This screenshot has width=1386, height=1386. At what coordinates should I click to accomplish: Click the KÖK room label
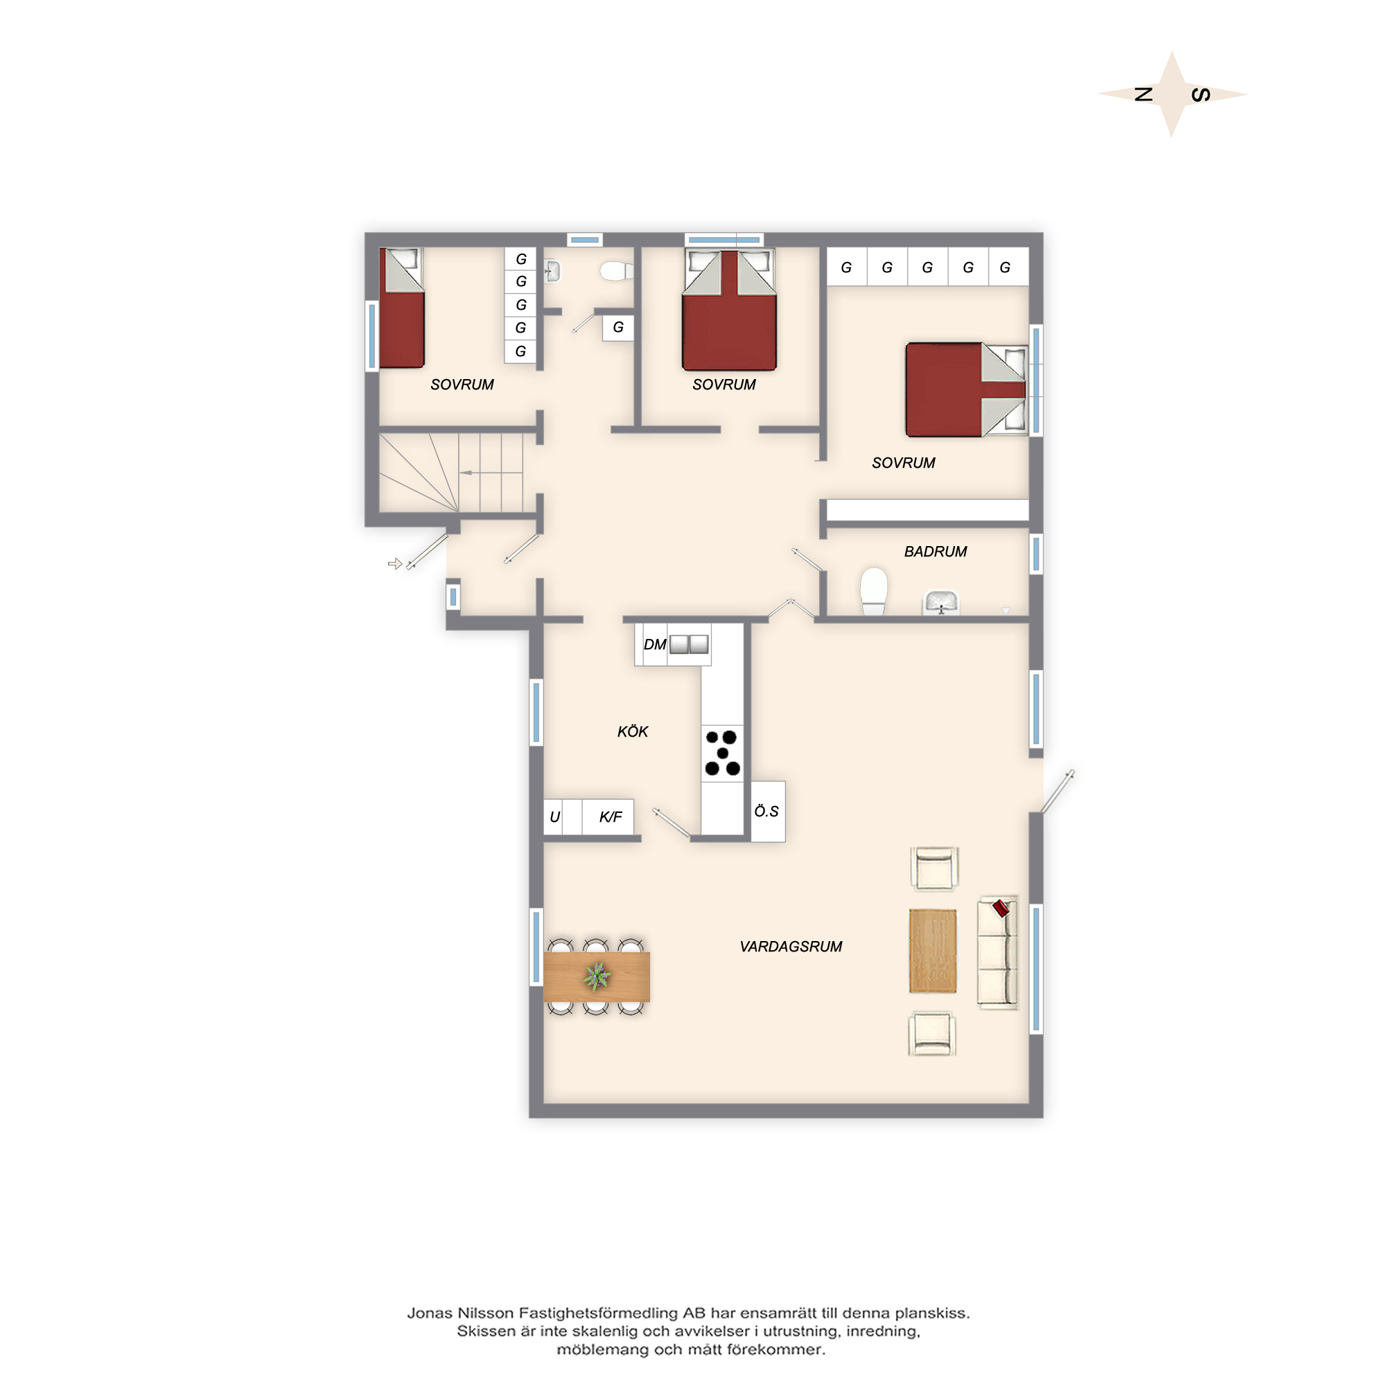tap(632, 732)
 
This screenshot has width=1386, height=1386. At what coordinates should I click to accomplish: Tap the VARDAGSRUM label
tap(791, 947)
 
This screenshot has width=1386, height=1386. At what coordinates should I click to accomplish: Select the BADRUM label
tap(936, 552)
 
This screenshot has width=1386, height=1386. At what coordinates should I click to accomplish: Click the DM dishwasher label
tap(654, 644)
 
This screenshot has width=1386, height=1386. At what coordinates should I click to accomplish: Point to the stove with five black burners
tap(722, 753)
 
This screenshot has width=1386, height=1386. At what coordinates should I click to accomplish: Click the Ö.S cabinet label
tap(766, 812)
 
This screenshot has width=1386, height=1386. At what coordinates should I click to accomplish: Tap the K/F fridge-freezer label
tap(611, 817)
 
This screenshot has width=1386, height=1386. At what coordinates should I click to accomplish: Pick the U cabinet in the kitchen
tap(554, 817)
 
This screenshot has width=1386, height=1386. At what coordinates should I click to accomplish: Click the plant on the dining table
tap(597, 976)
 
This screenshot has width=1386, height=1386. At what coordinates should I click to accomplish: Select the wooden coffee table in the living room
tap(933, 951)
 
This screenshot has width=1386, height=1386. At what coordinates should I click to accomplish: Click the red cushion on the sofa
tap(1001, 909)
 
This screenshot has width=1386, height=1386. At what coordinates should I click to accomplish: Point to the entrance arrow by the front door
tap(394, 564)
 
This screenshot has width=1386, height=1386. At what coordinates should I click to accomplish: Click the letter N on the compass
tap(1143, 94)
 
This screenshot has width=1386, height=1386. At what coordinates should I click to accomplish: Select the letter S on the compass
tap(1201, 95)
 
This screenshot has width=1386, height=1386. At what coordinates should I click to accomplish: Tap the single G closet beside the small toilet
tap(617, 328)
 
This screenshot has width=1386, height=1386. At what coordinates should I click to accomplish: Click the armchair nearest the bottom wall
tap(932, 1034)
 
